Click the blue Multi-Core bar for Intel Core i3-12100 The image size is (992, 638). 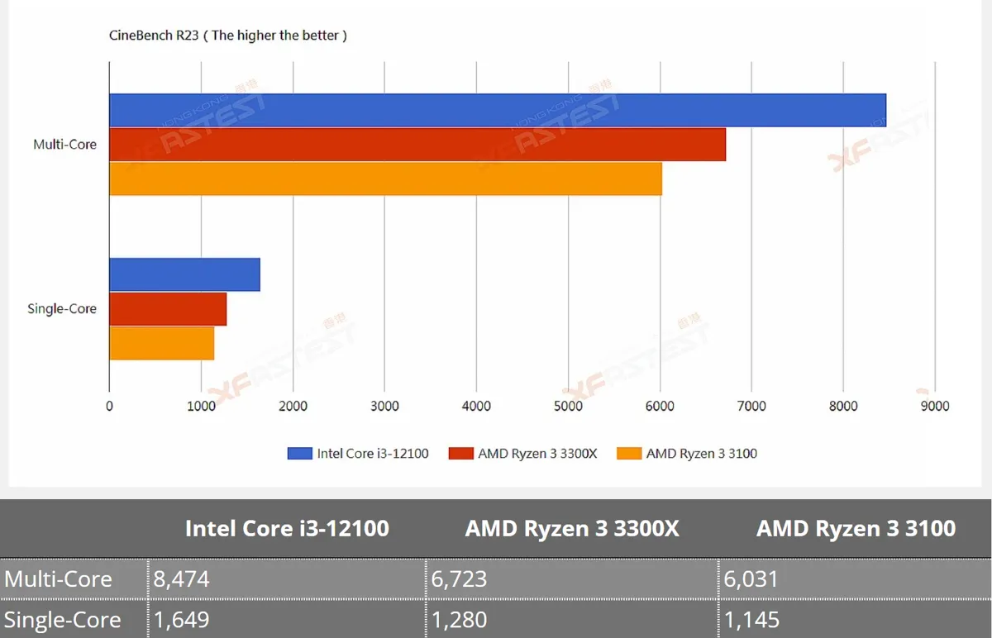(x=498, y=110)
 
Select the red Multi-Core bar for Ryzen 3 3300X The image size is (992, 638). (x=417, y=145)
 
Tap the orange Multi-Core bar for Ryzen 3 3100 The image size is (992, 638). (x=386, y=179)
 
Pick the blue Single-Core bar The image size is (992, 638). (x=184, y=274)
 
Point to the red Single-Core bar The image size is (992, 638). (x=168, y=309)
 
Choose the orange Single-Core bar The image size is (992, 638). (x=162, y=343)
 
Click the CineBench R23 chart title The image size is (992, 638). (x=228, y=36)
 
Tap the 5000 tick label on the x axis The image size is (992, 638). (x=568, y=406)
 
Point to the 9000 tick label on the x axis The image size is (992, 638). (x=935, y=406)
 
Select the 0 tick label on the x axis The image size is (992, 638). (x=109, y=406)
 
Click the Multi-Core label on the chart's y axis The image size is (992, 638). (x=64, y=145)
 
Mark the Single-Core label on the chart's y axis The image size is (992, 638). (x=62, y=308)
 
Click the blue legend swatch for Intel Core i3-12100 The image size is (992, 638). (x=300, y=454)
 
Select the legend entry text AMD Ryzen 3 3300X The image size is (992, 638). (x=537, y=454)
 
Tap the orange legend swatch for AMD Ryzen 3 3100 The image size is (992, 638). (x=629, y=454)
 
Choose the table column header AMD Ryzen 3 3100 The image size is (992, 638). (x=856, y=528)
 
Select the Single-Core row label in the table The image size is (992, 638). (x=63, y=620)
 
